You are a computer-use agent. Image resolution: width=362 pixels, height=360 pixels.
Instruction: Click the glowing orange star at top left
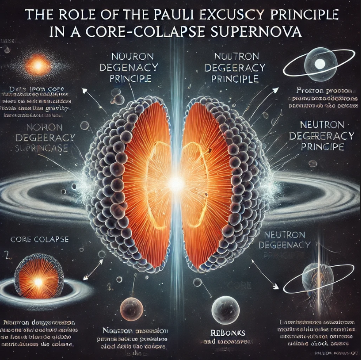[38, 66]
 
